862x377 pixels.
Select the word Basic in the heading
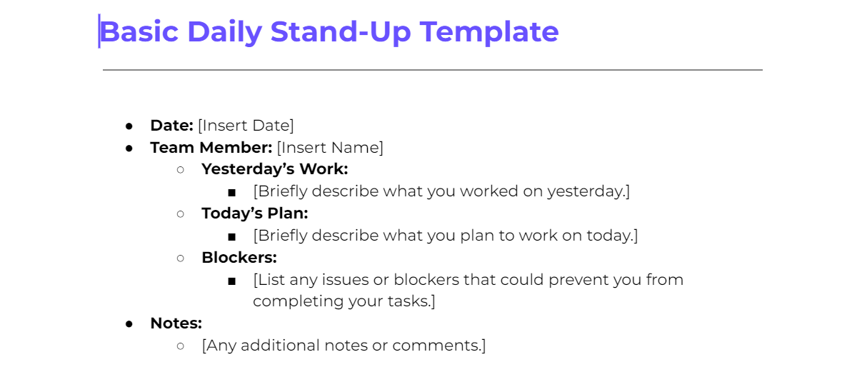(138, 32)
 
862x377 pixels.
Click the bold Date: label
(171, 126)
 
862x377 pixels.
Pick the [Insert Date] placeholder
(246, 126)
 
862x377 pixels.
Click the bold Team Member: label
(211, 148)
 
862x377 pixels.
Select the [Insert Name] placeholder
(330, 148)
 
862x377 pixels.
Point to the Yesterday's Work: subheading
(274, 169)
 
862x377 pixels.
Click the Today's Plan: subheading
(254, 213)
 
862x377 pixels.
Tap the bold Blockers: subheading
(239, 257)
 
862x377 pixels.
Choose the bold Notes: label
(176, 323)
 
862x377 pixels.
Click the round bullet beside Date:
(129, 126)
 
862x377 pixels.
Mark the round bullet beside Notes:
(129, 324)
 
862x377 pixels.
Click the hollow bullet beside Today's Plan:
(181, 214)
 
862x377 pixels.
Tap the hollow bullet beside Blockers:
(181, 258)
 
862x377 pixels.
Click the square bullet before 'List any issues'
(231, 281)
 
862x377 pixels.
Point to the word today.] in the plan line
(612, 236)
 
